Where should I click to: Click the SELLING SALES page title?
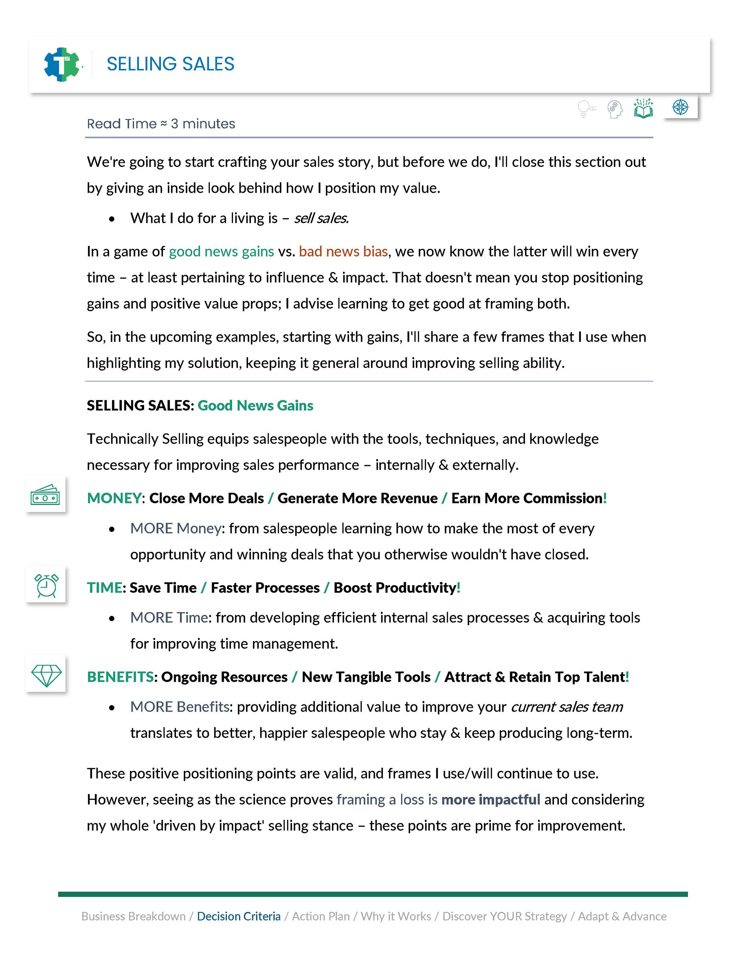pos(170,64)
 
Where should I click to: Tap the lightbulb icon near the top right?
pos(585,108)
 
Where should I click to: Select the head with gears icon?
pos(615,108)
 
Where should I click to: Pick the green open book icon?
pos(643,108)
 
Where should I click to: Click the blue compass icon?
pos(680,107)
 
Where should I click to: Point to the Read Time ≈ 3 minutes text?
pos(161,124)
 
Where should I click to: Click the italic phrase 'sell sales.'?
pos(321,218)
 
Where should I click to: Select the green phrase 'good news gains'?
pos(221,251)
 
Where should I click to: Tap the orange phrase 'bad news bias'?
pos(343,251)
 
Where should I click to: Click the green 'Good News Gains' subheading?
pos(255,405)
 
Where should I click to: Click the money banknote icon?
pos(45,495)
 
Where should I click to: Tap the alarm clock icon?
pos(46,585)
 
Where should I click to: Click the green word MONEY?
pos(114,498)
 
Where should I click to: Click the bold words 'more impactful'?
pos(490,799)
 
